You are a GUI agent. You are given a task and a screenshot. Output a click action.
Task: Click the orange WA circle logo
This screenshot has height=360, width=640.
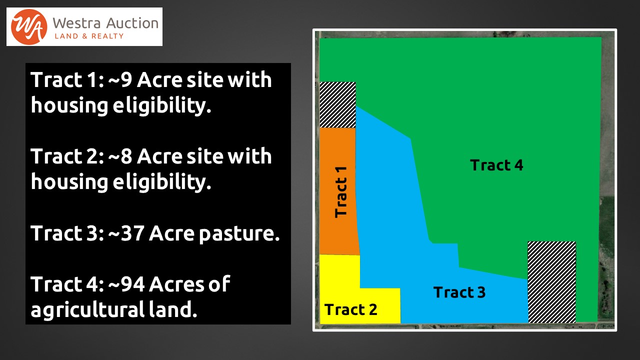pyautogui.click(x=29, y=27)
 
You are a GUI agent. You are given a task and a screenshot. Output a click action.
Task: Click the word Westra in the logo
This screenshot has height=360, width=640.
pyautogui.click(x=76, y=23)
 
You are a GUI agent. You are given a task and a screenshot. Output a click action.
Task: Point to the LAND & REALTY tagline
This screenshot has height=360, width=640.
pyautogui.click(x=89, y=36)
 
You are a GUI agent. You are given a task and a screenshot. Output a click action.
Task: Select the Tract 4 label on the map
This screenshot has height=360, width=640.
pyautogui.click(x=496, y=165)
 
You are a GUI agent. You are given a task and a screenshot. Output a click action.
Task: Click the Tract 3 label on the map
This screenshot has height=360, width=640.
pyautogui.click(x=459, y=292)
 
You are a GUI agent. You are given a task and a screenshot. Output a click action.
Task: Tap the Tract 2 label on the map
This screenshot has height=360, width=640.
pyautogui.click(x=351, y=309)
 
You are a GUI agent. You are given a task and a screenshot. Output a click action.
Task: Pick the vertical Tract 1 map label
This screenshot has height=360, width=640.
pyautogui.click(x=341, y=192)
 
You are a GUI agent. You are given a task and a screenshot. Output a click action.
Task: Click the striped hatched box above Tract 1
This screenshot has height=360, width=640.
pyautogui.click(x=337, y=104)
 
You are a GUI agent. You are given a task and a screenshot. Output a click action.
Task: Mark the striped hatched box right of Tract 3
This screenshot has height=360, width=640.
pyautogui.click(x=551, y=282)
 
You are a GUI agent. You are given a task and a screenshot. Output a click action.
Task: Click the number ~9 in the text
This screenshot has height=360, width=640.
pyautogui.click(x=120, y=79)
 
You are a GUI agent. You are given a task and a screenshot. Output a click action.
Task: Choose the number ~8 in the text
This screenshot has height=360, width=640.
pyautogui.click(x=120, y=156)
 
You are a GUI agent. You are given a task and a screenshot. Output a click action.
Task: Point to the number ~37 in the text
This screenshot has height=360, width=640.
pyautogui.click(x=126, y=233)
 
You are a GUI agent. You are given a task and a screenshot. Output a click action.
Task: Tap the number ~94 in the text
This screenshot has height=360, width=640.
pyautogui.click(x=126, y=284)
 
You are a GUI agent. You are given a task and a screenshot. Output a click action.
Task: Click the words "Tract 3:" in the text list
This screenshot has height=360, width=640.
pyautogui.click(x=67, y=233)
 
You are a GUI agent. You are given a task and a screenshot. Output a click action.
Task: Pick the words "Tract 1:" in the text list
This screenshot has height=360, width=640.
pyautogui.click(x=67, y=79)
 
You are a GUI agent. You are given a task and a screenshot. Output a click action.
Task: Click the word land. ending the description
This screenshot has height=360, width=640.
pyautogui.click(x=173, y=309)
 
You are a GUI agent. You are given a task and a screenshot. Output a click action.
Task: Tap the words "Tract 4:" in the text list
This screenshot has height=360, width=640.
pyautogui.click(x=67, y=284)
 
